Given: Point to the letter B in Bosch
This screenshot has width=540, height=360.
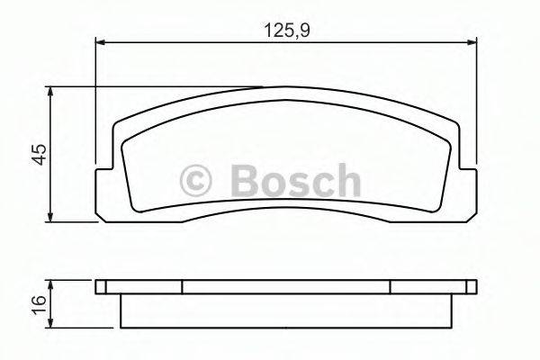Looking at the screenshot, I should tap(245, 180).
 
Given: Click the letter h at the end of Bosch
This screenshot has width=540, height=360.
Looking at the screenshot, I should tap(346, 180).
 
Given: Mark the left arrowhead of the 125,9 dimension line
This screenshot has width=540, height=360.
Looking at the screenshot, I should tap(102, 40).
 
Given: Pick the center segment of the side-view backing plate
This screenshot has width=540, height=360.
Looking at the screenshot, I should tap(286, 286).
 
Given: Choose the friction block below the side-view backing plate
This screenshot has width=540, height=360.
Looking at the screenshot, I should tap(286, 309).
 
